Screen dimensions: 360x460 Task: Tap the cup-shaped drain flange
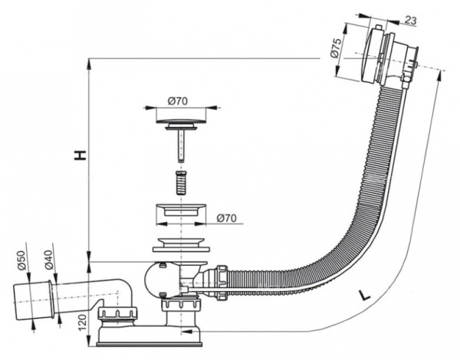coord(182,212)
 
